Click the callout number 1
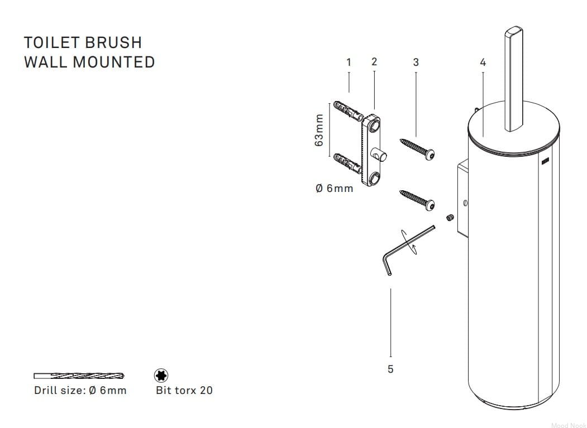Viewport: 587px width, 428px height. click(349, 62)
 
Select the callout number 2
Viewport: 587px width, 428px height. click(374, 62)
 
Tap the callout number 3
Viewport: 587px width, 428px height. click(416, 62)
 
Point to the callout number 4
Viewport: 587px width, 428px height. click(483, 62)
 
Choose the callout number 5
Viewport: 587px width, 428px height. click(390, 369)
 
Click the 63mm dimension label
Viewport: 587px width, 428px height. click(319, 130)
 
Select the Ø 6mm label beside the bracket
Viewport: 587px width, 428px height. click(335, 188)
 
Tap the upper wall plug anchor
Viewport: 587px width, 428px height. click(348, 111)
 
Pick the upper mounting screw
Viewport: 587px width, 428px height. click(417, 148)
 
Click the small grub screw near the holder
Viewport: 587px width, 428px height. click(450, 218)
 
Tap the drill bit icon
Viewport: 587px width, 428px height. click(79, 376)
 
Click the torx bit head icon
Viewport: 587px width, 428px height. click(161, 375)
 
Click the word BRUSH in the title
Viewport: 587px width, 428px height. click(113, 42)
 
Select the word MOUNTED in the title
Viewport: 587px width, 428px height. click(114, 62)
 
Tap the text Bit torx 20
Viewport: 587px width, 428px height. click(184, 390)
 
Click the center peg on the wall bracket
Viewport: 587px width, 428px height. click(379, 154)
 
